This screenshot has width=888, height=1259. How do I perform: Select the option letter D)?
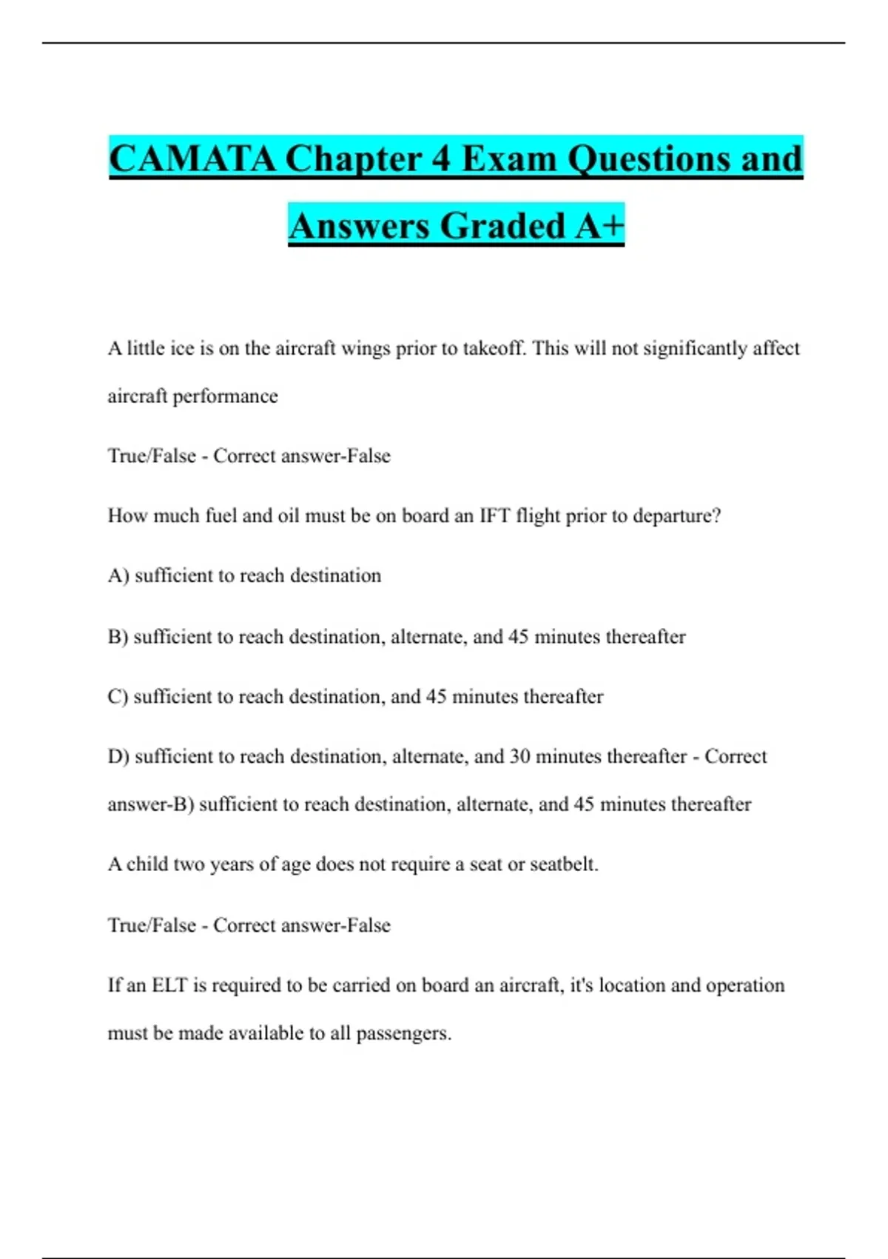118,757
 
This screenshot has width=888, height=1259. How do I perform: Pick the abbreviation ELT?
169,986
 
